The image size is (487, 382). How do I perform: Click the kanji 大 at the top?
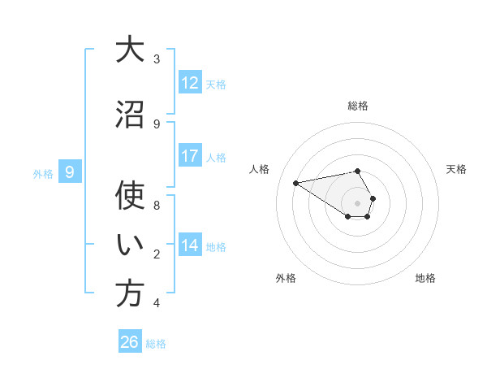(129, 50)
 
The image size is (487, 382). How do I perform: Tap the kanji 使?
(129, 196)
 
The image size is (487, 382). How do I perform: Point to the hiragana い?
(129, 245)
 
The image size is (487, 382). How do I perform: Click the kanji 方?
(129, 294)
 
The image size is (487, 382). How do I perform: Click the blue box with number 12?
(190, 83)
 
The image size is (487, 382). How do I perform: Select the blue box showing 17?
(190, 156)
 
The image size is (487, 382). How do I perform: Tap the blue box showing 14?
(190, 245)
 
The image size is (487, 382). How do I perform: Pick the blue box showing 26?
(130, 342)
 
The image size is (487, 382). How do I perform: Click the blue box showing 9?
(70, 172)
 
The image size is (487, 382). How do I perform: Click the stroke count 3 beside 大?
(157, 59)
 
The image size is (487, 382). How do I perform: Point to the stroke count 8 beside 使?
(157, 205)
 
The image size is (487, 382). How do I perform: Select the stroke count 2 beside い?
(157, 254)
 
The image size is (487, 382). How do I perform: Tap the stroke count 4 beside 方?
(157, 303)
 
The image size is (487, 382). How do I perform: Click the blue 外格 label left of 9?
(42, 173)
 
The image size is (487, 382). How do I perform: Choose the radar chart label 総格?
(358, 106)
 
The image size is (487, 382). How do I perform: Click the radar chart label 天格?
(456, 169)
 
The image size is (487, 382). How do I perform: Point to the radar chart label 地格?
(425, 278)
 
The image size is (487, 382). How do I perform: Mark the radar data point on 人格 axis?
(295, 182)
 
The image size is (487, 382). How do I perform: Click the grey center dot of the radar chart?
(358, 202)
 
